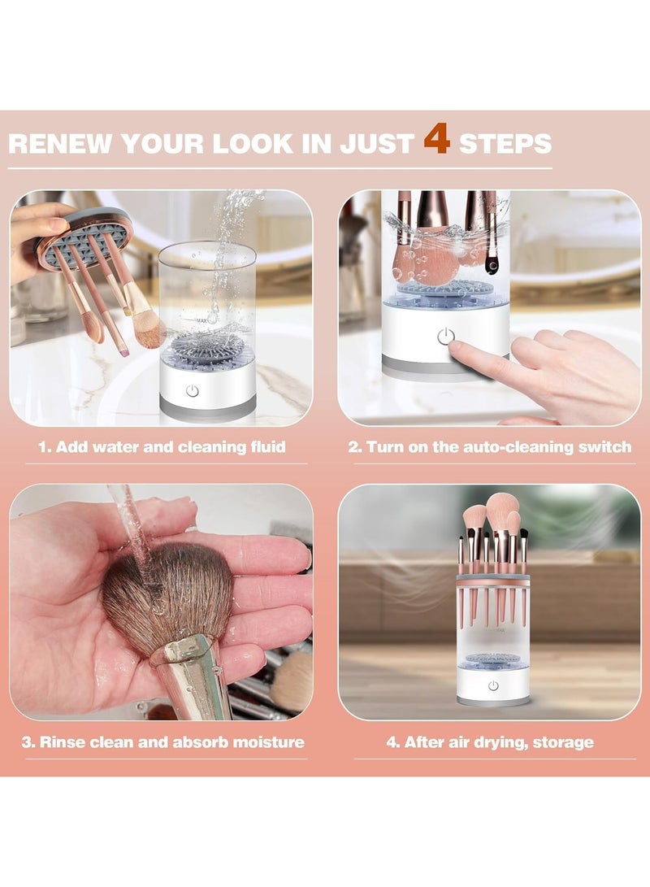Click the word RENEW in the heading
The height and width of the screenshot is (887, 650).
[60, 143]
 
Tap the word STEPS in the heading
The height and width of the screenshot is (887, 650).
[505, 143]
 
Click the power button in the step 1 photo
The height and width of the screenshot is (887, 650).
[193, 390]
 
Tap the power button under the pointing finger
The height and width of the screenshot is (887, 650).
[445, 337]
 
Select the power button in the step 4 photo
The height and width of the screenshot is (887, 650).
[493, 685]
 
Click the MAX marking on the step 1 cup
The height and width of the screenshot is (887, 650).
[201, 321]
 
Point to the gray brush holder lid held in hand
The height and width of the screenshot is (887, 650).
[84, 236]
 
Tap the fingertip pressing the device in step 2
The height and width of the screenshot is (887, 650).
[456, 350]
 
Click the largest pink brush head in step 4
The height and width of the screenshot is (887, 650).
[502, 509]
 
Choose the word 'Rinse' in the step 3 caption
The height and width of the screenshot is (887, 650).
[58, 741]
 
